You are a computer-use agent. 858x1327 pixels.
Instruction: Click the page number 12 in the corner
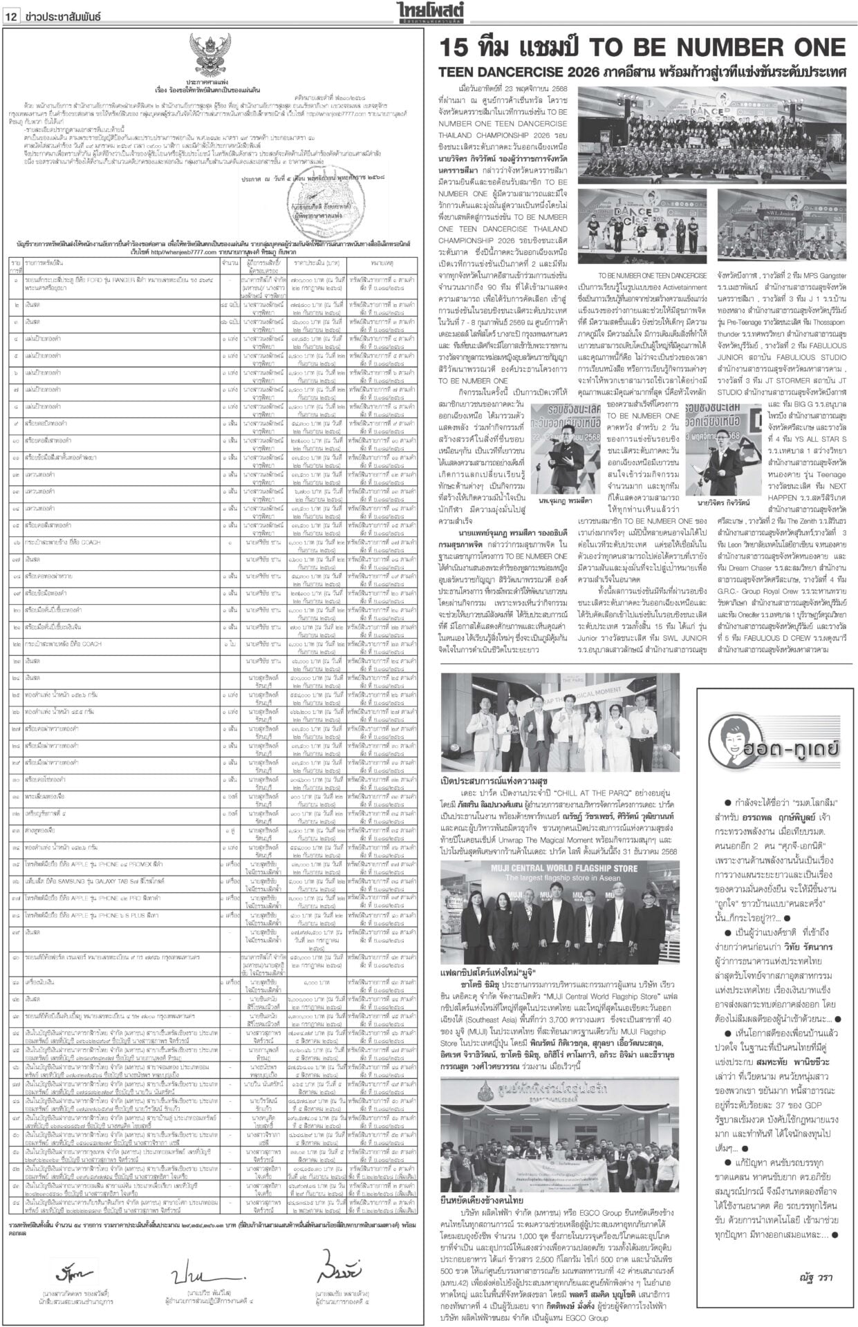click(x=12, y=17)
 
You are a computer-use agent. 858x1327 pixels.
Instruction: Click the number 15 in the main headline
click(x=458, y=49)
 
